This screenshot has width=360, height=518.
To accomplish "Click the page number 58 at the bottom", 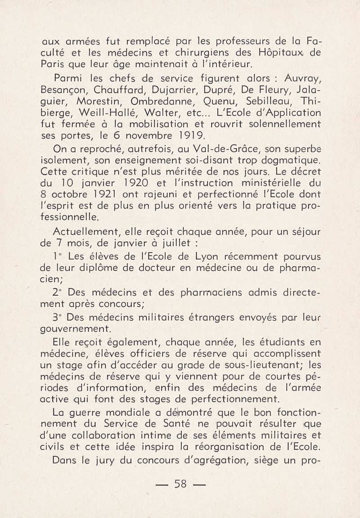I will pyautogui.click(x=180, y=485).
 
